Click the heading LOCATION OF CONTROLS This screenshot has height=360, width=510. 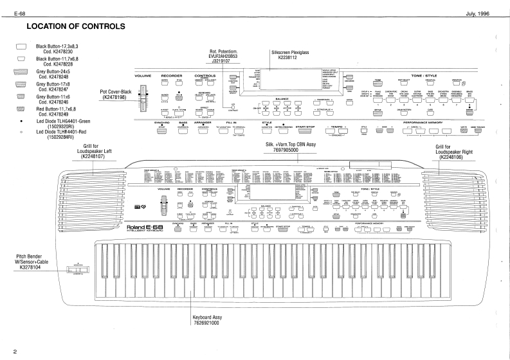76,26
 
